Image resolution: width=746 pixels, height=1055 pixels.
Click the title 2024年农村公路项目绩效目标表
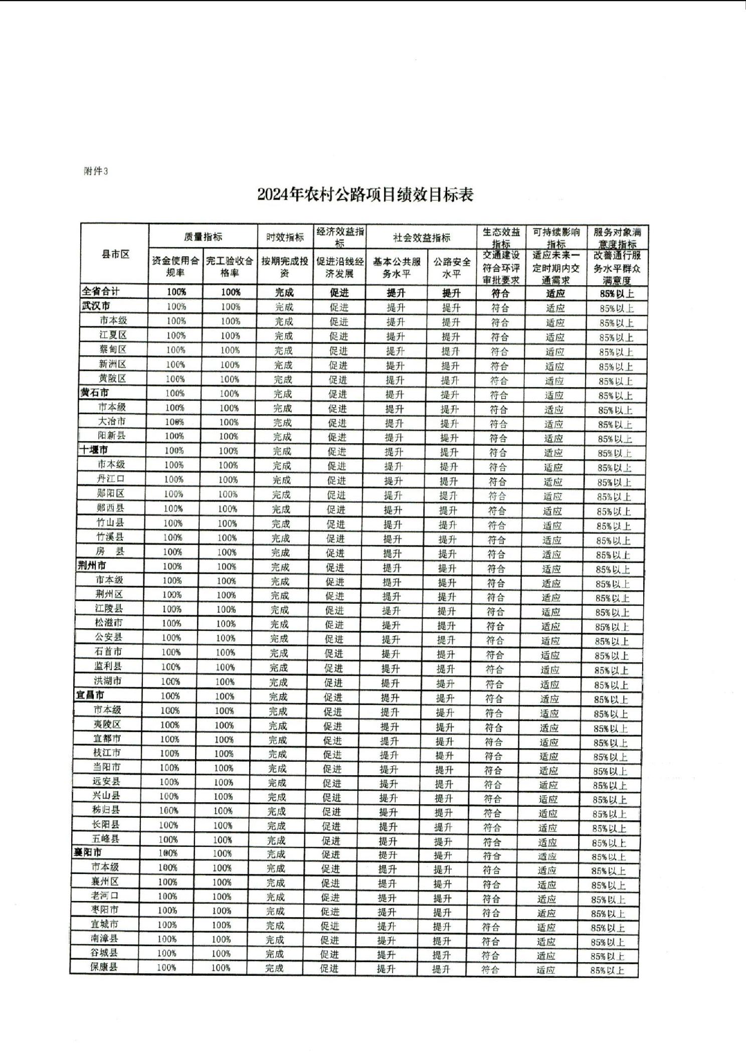(x=365, y=195)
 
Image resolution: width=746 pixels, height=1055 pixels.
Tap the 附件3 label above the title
(x=96, y=171)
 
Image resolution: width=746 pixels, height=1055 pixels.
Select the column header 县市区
(x=115, y=255)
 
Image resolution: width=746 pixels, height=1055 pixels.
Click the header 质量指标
(x=203, y=237)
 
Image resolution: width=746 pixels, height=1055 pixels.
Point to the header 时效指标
(x=285, y=237)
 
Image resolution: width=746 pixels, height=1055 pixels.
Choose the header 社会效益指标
(x=421, y=238)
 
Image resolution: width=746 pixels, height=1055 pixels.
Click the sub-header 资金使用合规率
(x=175, y=267)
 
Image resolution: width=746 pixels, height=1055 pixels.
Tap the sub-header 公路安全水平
(x=452, y=268)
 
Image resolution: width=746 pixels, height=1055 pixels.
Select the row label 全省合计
(x=101, y=291)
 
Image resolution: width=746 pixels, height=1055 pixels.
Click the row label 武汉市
(x=96, y=306)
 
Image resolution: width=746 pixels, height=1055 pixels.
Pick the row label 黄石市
(x=95, y=393)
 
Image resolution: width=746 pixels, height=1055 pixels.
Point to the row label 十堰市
(x=93, y=450)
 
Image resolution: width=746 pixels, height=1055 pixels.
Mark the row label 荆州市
(x=92, y=566)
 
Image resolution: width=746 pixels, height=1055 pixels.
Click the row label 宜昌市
(x=90, y=695)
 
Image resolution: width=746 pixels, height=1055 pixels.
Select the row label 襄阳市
(x=88, y=852)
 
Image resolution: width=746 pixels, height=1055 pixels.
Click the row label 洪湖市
(x=107, y=680)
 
